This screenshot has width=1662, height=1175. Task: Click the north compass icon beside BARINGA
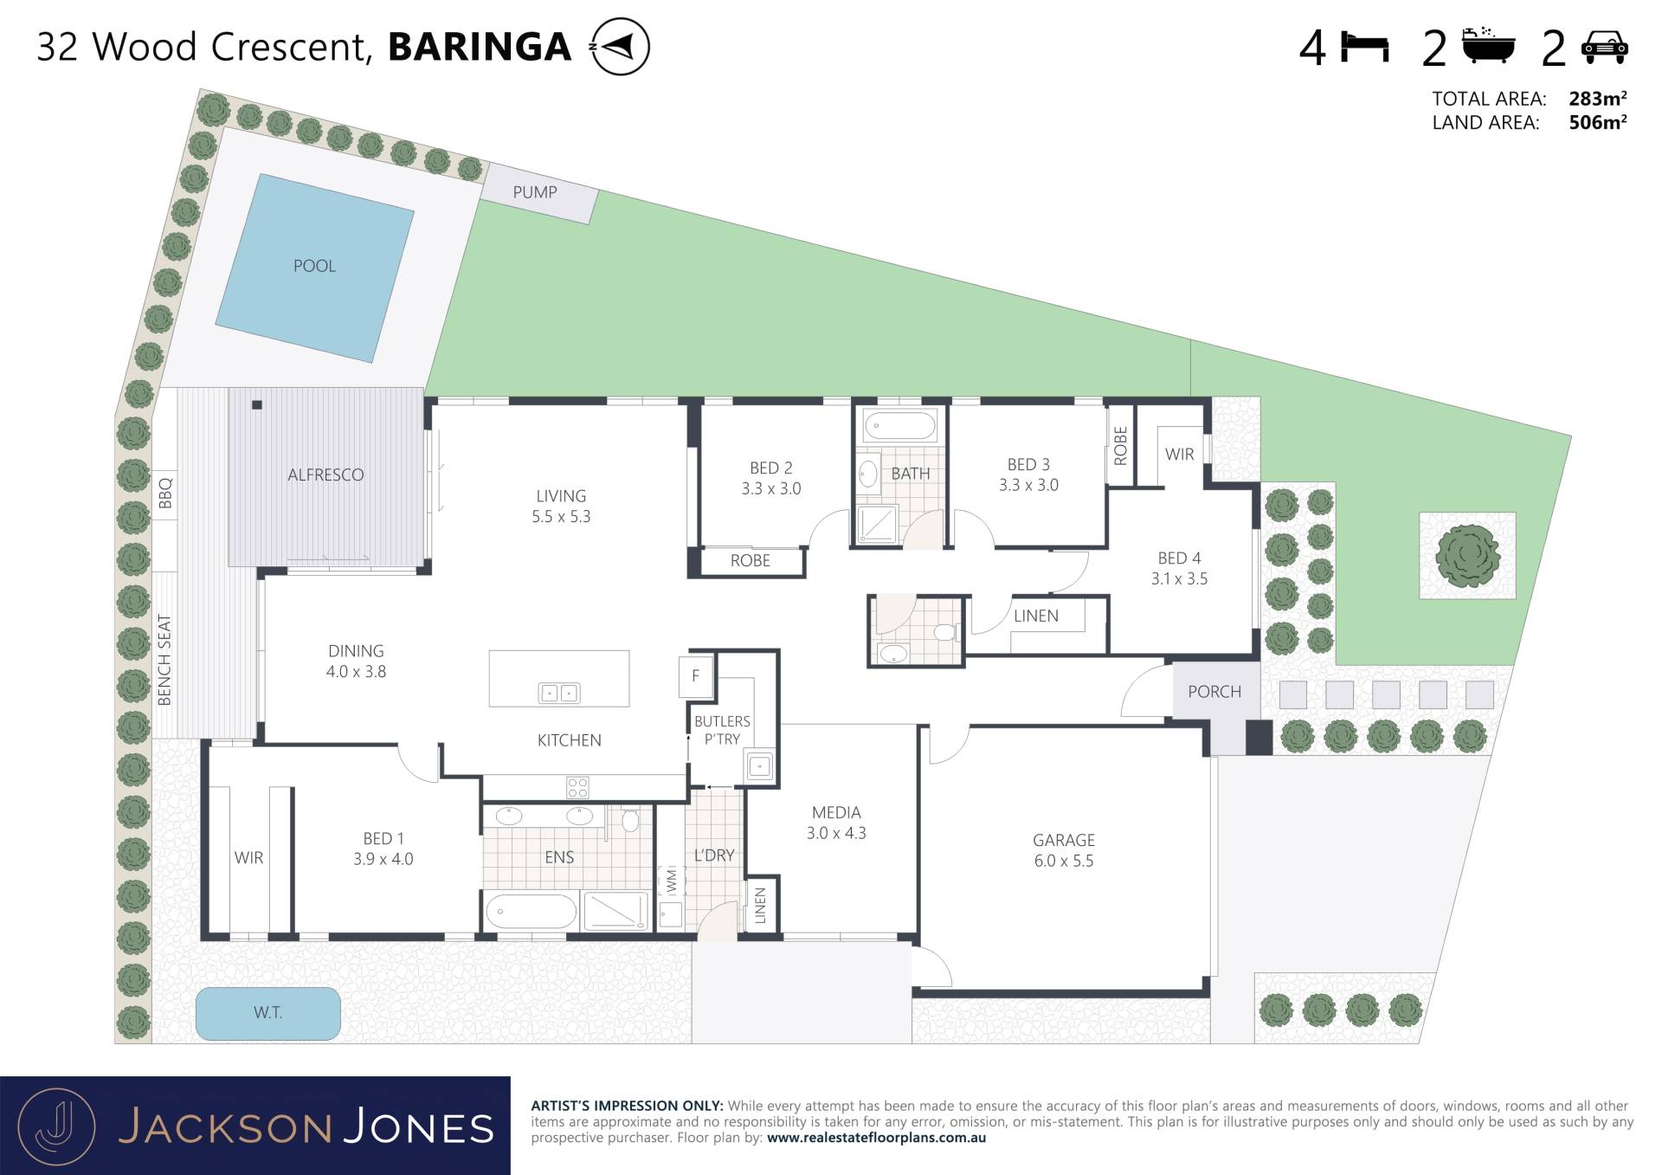[619, 46]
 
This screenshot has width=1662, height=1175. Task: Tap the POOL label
[314, 266]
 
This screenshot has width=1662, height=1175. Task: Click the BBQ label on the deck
[165, 494]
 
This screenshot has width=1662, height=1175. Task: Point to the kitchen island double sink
[559, 693]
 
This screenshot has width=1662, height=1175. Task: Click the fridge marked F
[695, 676]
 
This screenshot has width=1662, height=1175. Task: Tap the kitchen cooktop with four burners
[577, 787]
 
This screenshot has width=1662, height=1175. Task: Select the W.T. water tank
[267, 1013]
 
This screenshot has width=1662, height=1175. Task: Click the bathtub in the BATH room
[900, 426]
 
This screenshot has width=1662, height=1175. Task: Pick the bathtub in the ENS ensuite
[531, 912]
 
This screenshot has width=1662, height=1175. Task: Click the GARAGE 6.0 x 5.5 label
[1064, 850]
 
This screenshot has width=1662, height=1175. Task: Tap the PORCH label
[1214, 692]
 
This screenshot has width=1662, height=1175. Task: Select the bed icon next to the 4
[1365, 47]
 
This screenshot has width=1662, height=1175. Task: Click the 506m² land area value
[1598, 122]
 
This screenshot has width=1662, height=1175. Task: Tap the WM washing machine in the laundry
[671, 881]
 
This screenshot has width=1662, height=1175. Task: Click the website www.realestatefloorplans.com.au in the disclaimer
[876, 1138]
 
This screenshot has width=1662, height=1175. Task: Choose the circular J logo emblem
[56, 1127]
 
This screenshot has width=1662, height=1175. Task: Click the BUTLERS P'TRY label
[722, 730]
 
